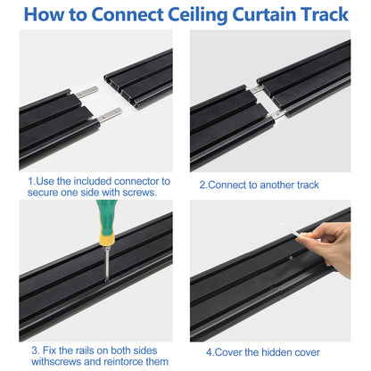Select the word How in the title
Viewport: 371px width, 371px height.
pos(47,15)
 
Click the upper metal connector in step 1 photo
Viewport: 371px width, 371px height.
pos(87,92)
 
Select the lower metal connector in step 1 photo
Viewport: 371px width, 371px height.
pos(108,114)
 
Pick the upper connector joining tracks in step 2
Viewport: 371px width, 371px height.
pos(257,89)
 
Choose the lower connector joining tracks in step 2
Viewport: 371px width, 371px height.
pos(278,112)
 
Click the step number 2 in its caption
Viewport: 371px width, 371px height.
pos(202,185)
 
